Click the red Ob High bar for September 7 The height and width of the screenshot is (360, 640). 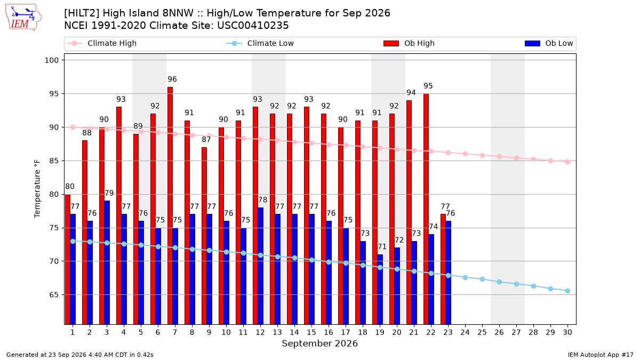pos(170,206)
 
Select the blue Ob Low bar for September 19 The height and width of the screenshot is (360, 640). pos(380,290)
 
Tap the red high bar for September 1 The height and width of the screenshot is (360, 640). pos(68,259)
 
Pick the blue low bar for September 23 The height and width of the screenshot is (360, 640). pos(449,273)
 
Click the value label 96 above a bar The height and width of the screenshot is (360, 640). pos(172,79)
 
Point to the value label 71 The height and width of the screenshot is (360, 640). pos(382,246)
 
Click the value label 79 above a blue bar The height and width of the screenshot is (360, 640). pos(109,193)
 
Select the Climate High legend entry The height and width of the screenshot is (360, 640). pos(101,43)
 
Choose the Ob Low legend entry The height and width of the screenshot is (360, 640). pos(549,43)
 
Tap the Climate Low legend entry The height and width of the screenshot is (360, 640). pos(260,43)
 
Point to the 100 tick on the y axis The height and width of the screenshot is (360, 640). pos(51,60)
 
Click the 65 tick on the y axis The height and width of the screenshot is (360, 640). pos(54,294)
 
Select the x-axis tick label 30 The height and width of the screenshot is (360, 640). pos(567,332)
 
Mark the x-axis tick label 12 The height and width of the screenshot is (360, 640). pos(260,332)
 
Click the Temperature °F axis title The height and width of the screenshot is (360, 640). pos(37,189)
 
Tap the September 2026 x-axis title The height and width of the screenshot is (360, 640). pos(319,343)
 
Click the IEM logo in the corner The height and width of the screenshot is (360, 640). pos(23,18)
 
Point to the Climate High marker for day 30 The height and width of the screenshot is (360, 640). pos(567,162)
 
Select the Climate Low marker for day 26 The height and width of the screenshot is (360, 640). pos(499,282)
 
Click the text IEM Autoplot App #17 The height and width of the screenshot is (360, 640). pos(601,355)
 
